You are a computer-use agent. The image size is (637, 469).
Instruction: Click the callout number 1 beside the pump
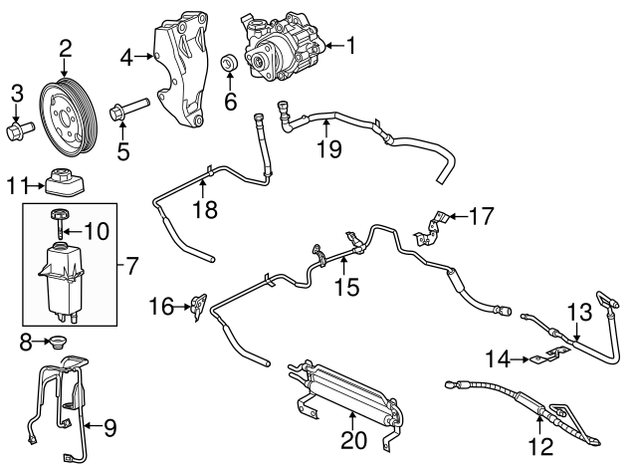(x=351, y=45)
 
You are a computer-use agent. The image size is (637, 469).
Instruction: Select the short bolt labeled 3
(x=20, y=129)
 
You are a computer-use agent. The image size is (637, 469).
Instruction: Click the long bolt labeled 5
(x=129, y=109)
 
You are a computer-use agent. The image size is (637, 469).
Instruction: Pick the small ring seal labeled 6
(x=230, y=62)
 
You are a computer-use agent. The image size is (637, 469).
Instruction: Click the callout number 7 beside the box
(x=131, y=265)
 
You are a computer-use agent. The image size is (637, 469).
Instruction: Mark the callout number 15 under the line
(x=347, y=287)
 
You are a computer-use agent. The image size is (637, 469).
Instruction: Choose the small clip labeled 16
(x=199, y=308)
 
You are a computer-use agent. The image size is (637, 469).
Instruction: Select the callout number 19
(x=329, y=148)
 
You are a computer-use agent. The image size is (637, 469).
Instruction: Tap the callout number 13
(x=579, y=313)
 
